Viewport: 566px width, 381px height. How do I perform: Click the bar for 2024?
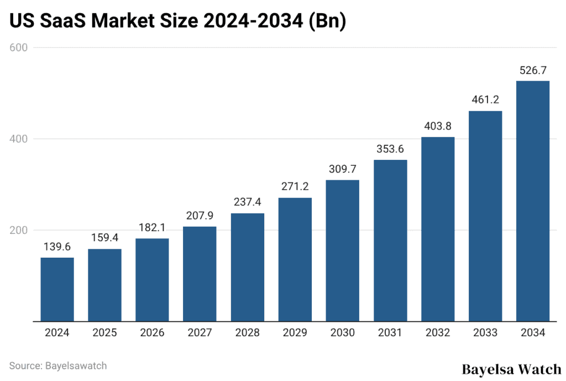pyautogui.click(x=57, y=289)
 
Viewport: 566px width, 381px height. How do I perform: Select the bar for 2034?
pyautogui.click(x=533, y=201)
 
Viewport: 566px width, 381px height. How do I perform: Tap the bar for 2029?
pyautogui.click(x=295, y=259)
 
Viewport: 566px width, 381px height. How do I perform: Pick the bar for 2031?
pyautogui.click(x=390, y=241)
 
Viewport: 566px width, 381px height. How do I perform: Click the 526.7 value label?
pyautogui.click(x=533, y=70)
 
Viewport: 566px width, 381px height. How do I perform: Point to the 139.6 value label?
pyautogui.click(x=57, y=247)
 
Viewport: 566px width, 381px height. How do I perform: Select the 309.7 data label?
pyautogui.click(x=343, y=169)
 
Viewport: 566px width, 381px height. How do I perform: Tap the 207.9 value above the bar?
pyautogui.click(x=200, y=216)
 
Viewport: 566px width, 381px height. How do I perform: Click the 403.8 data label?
pyautogui.click(x=438, y=126)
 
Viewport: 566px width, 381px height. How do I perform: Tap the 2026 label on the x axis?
pyautogui.click(x=152, y=333)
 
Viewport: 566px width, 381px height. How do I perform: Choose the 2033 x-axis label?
pyautogui.click(x=485, y=333)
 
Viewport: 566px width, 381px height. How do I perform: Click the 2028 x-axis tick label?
pyautogui.click(x=247, y=333)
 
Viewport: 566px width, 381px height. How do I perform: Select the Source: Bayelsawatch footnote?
pyautogui.click(x=58, y=366)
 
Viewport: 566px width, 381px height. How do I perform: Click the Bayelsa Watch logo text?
pyautogui.click(x=511, y=369)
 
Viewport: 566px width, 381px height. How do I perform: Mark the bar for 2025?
pyautogui.click(x=104, y=285)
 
